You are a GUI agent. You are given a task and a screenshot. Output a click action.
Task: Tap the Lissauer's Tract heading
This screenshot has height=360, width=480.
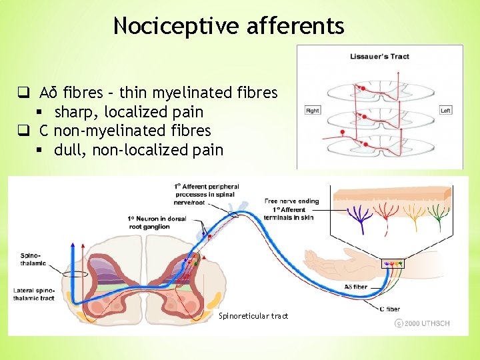coord(379,57)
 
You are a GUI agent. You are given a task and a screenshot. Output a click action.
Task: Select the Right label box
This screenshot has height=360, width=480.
coord(312,110)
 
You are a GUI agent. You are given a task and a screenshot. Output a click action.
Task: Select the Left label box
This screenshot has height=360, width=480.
coord(445,110)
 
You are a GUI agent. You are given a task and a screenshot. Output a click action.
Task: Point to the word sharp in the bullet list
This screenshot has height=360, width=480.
coord(75,111)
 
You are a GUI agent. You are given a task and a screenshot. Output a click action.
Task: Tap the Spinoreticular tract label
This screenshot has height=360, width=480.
coord(253,316)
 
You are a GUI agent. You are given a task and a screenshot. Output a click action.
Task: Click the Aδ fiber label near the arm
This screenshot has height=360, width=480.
coord(355,287)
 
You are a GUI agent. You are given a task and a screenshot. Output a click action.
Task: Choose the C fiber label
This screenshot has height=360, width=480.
coord(389,309)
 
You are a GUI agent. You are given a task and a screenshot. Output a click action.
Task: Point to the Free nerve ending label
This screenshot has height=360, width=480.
coord(291,201)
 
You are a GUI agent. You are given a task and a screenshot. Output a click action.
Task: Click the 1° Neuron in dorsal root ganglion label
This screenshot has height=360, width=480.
coord(157,223)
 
